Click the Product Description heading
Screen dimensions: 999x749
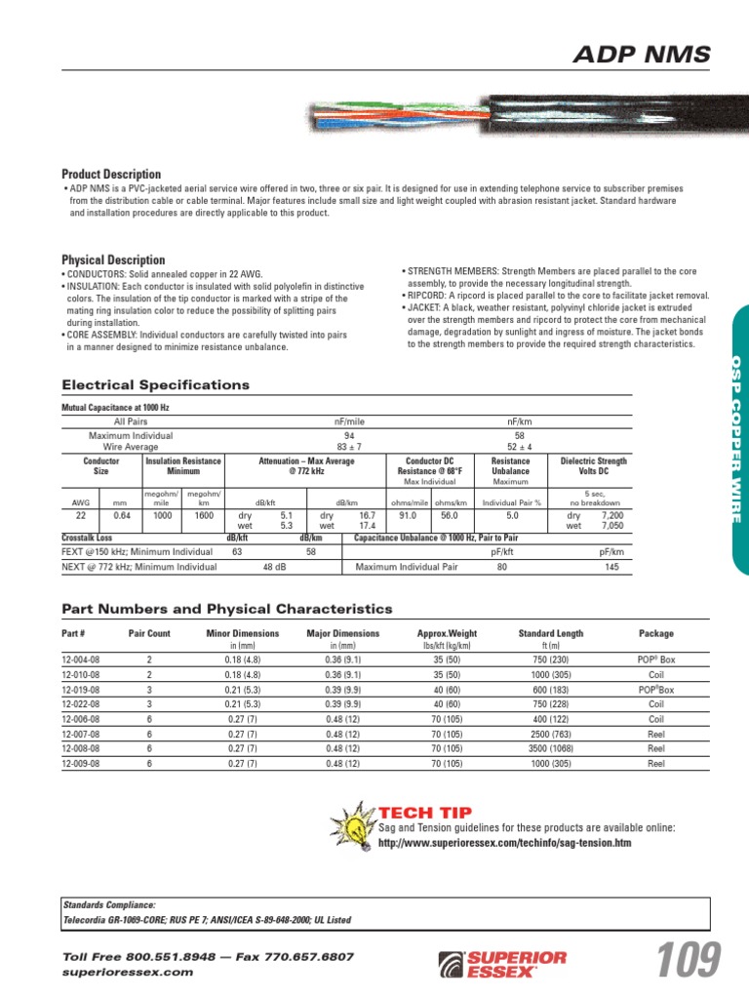pyautogui.click(x=111, y=174)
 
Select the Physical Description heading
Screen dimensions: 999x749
pyautogui.click(x=113, y=260)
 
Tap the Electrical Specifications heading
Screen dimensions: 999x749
pyautogui.click(x=155, y=385)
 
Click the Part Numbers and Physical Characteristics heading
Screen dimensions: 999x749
pyautogui.click(x=226, y=609)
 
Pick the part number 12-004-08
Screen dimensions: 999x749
pyautogui.click(x=81, y=659)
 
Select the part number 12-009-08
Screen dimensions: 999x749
pyautogui.click(x=81, y=764)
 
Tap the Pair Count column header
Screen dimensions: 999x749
pyautogui.click(x=149, y=633)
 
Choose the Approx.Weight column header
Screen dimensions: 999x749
pyautogui.click(x=447, y=633)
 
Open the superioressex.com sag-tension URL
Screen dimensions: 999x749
pyautogui.click(x=504, y=842)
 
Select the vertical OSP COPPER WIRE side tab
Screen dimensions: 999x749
pyautogui.click(x=736, y=438)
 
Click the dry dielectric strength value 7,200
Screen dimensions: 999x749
pyautogui.click(x=611, y=513)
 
